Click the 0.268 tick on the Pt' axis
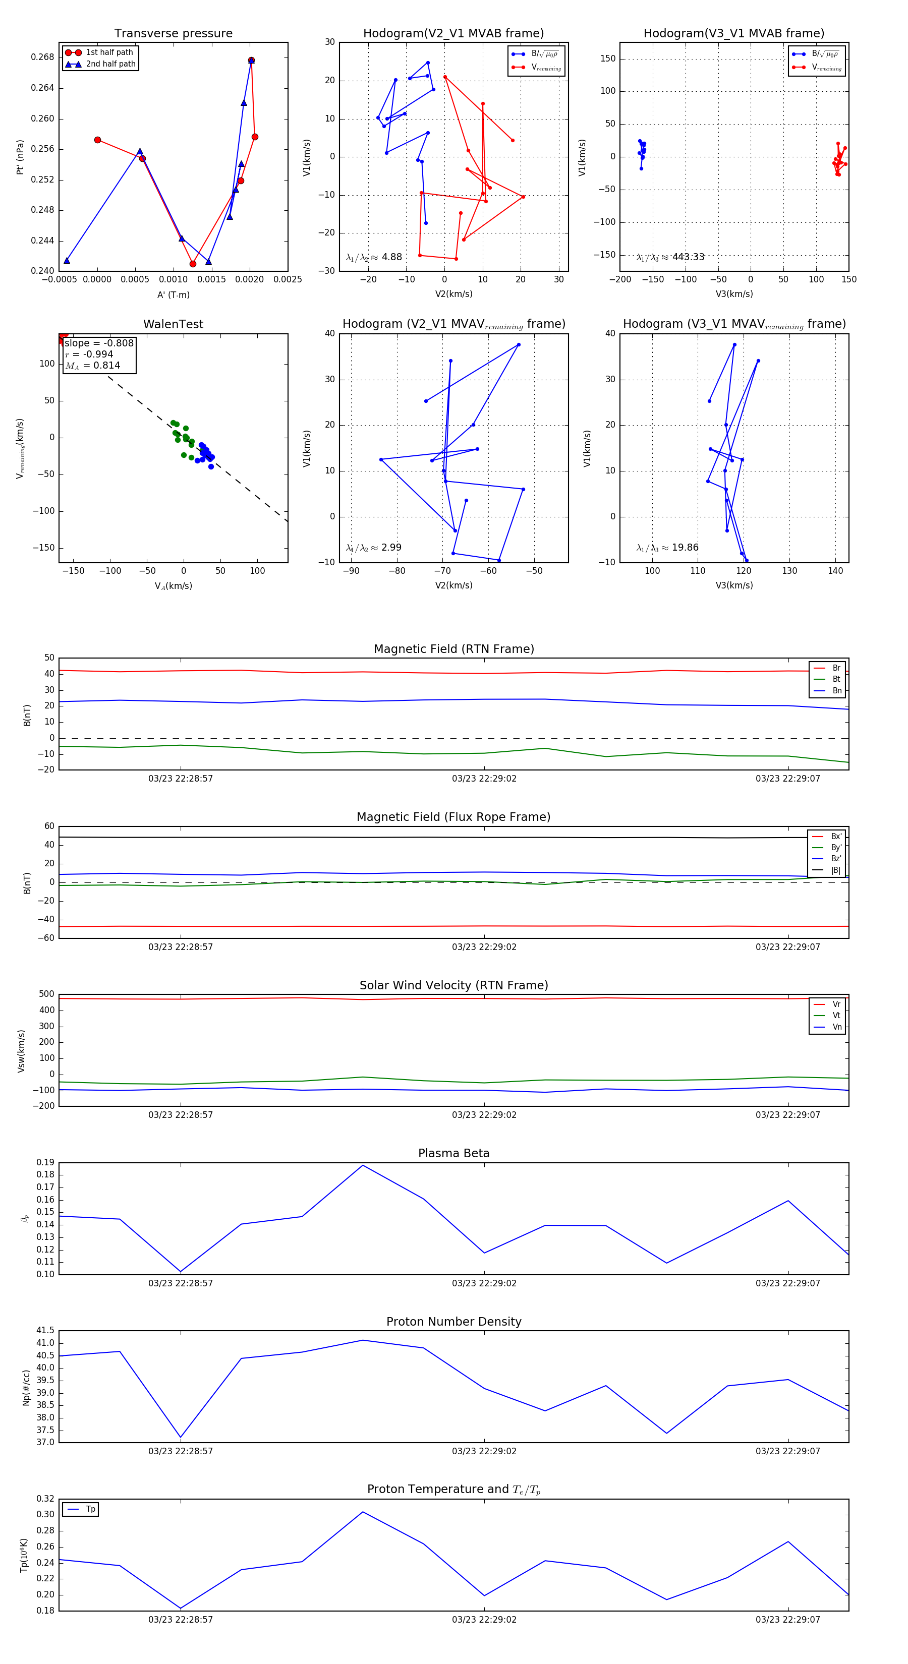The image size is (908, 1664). pos(43,57)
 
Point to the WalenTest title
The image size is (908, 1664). pos(173,324)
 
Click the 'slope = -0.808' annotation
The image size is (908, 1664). pos(99,343)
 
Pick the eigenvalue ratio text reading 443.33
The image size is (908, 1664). pos(670,257)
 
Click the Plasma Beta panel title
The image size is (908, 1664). pos(453,1153)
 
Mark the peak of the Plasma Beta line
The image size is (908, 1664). pos(363,1165)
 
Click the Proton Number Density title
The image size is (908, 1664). pos(453,1321)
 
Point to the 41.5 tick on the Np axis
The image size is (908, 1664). pos(45,1331)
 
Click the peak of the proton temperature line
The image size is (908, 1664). pos(363,1512)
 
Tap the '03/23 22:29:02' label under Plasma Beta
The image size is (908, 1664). pos(484,1283)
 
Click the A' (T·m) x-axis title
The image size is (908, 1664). pos(173,294)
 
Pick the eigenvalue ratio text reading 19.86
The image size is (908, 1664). pos(667,548)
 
